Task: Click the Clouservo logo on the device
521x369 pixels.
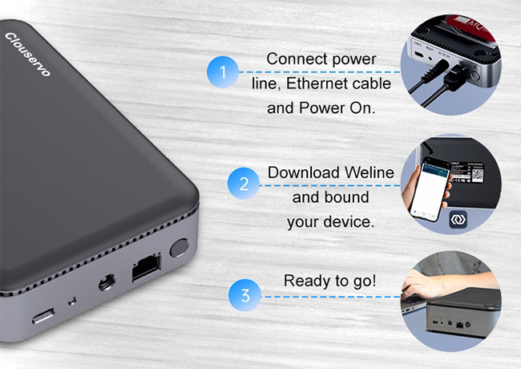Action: [27, 55]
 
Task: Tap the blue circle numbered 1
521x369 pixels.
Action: [223, 72]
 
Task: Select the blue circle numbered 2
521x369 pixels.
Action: [244, 184]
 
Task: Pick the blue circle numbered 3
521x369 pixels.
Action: [245, 295]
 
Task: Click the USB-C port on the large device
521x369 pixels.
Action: [43, 316]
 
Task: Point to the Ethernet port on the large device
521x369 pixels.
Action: [147, 266]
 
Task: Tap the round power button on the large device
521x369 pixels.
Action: [179, 248]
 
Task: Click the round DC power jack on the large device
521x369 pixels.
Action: [107, 282]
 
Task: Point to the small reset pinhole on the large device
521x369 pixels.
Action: [72, 302]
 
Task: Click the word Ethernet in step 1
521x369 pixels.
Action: [317, 83]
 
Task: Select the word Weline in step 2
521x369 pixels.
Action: [370, 172]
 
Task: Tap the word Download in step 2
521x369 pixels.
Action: [304, 172]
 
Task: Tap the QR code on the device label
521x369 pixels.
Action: [478, 175]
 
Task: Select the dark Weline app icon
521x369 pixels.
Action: [458, 220]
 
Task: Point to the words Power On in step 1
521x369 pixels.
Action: [337, 108]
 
